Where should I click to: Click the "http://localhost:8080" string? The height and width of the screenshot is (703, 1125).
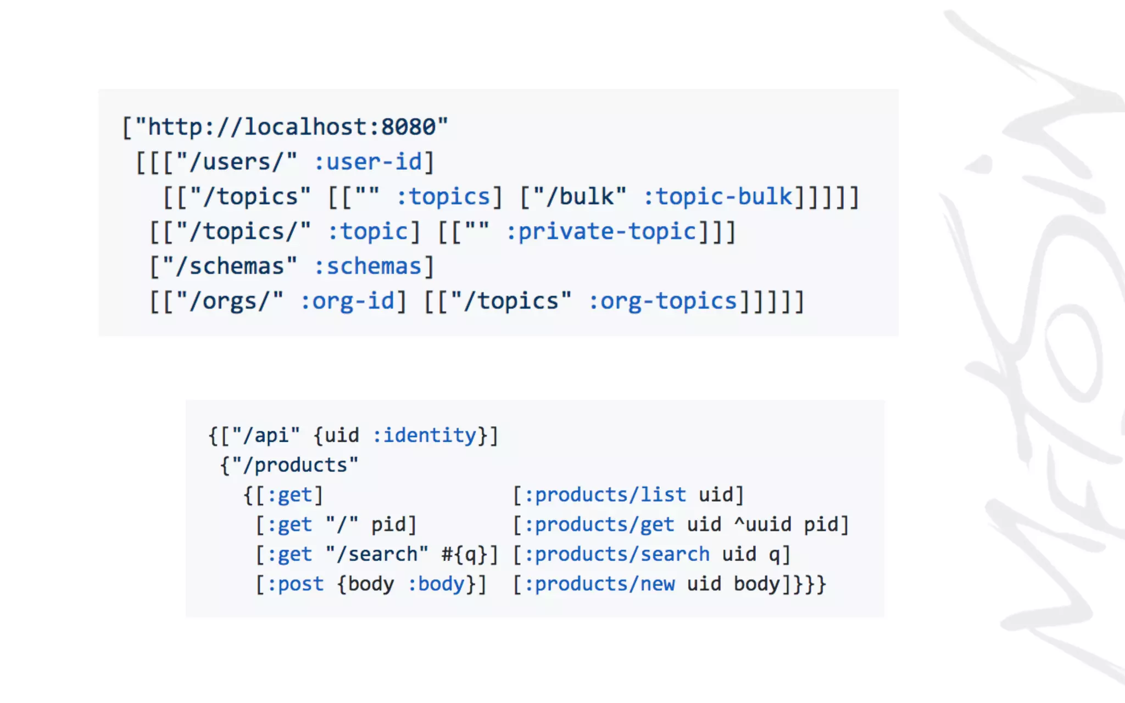[x=291, y=127]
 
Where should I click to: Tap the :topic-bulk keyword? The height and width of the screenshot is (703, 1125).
[x=718, y=197]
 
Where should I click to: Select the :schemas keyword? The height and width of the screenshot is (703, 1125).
[x=367, y=267]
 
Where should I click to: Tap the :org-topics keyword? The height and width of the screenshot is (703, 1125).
[x=662, y=302]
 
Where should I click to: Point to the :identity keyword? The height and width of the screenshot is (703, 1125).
[x=424, y=436]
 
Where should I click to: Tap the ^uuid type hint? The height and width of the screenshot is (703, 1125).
[x=762, y=525]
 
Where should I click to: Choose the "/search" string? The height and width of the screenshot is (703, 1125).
[x=377, y=554]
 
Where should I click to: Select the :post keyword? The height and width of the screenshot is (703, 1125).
[x=295, y=584]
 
